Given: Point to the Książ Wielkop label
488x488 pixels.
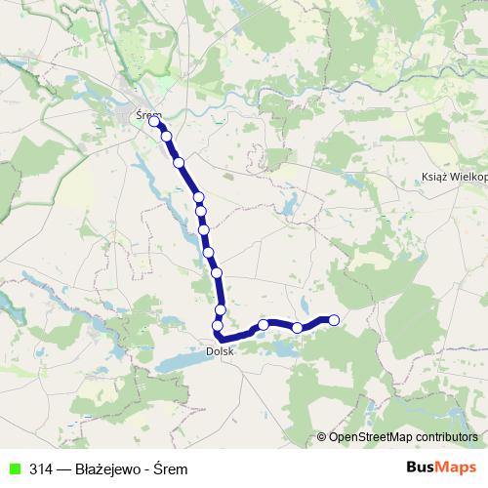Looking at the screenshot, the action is tap(452, 179).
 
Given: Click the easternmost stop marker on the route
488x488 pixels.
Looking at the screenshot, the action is tap(334, 319).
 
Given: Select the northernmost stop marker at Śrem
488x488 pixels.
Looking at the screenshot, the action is tap(154, 122).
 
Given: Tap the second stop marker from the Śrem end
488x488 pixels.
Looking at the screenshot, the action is tap(167, 137).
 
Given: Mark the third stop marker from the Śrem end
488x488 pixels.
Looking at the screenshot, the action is tap(179, 162).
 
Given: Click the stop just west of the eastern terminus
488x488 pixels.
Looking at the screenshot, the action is tap(298, 328).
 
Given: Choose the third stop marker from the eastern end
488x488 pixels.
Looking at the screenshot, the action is tap(264, 324).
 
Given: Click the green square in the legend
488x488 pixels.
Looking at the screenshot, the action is tap(15, 469).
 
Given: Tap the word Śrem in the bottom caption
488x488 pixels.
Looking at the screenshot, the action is tap(171, 469).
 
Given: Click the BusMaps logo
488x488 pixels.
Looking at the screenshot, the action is tap(442, 468).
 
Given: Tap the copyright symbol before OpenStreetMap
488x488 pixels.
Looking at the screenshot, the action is tap(322, 436).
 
